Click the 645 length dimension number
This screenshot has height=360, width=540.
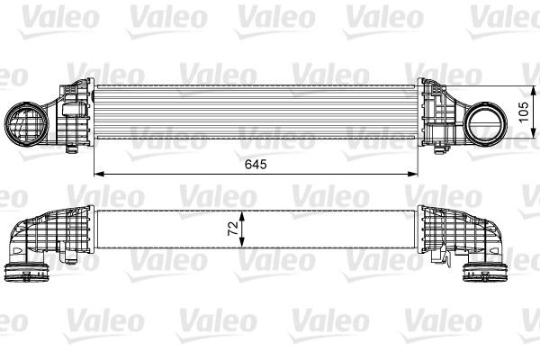(256, 165)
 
